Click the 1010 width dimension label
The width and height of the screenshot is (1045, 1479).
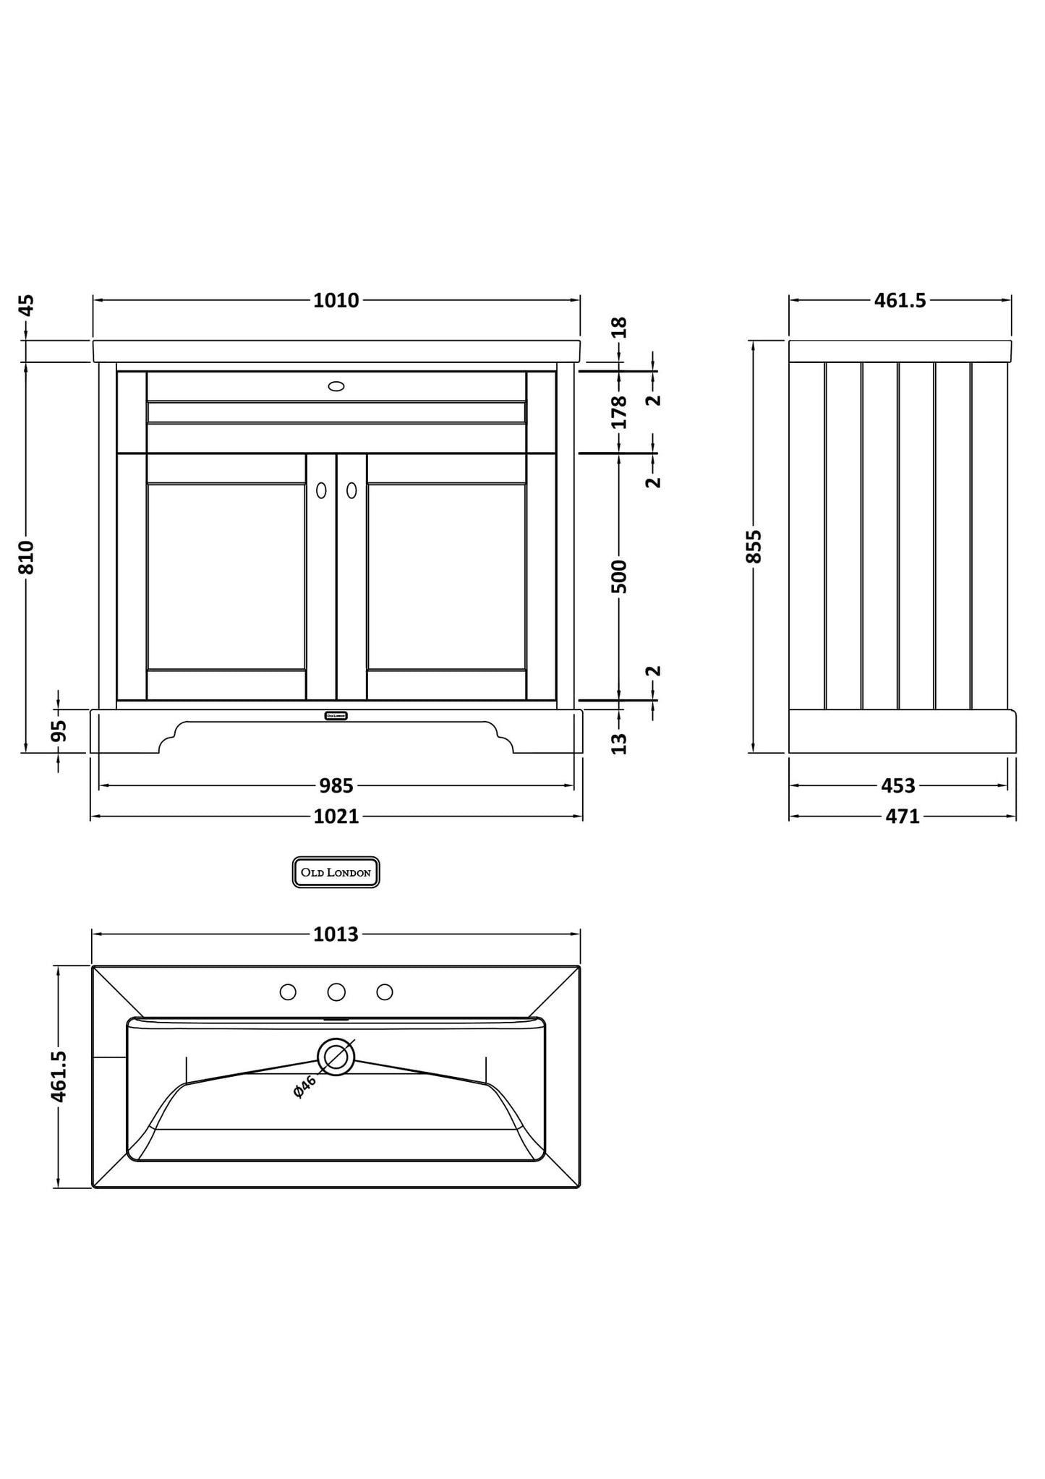336,301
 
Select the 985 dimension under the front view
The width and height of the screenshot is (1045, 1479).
336,785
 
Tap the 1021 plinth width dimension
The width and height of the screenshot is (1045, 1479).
336,817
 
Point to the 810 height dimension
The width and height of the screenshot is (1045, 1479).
26,557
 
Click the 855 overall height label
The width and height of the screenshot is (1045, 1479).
754,546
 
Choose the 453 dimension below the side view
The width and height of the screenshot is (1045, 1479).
898,785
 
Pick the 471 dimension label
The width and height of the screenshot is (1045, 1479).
903,817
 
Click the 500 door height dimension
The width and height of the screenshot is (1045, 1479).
620,576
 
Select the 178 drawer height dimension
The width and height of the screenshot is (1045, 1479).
620,412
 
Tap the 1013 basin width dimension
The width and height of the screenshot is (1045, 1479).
336,934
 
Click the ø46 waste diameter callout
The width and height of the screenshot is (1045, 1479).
305,1086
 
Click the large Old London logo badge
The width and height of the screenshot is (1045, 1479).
336,872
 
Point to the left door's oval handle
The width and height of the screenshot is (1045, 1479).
321,490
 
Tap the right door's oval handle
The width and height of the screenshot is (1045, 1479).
351,490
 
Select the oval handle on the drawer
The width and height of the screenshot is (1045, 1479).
336,386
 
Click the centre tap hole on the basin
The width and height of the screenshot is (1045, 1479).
336,992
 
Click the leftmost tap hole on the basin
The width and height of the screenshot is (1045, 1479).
288,992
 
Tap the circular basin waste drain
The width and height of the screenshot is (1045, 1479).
336,1057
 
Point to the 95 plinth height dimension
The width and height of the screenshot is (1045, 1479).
60,730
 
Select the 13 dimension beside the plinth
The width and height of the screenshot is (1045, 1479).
620,743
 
